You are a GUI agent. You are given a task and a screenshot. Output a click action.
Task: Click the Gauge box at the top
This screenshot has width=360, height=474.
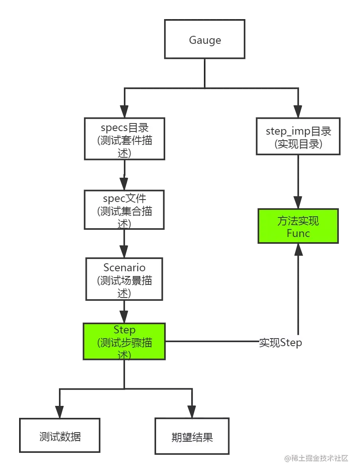205,40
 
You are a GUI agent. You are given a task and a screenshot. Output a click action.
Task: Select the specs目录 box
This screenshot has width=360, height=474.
124,139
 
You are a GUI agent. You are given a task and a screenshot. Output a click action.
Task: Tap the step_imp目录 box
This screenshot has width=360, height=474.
298,137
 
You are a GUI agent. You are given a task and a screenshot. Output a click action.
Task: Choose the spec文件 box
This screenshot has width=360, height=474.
124,210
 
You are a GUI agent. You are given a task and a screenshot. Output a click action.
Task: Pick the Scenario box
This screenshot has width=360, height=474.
124,279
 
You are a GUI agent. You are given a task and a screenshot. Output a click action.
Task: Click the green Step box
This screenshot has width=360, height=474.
124,341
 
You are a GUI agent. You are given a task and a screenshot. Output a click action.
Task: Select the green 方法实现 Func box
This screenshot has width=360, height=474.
298,226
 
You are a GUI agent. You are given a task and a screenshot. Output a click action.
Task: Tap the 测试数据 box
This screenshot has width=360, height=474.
60,436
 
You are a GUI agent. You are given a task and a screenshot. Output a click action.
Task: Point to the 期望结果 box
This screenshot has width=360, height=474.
192,437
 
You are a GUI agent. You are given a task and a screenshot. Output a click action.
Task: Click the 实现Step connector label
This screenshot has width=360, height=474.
280,343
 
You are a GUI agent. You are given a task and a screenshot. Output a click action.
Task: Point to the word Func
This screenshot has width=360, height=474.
298,233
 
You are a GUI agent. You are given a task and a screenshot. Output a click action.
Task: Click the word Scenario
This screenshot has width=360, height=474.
124,268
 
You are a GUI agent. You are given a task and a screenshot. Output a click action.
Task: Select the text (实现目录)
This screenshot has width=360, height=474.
298,144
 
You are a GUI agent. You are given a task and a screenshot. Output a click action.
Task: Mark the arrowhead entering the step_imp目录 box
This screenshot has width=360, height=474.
297,110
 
